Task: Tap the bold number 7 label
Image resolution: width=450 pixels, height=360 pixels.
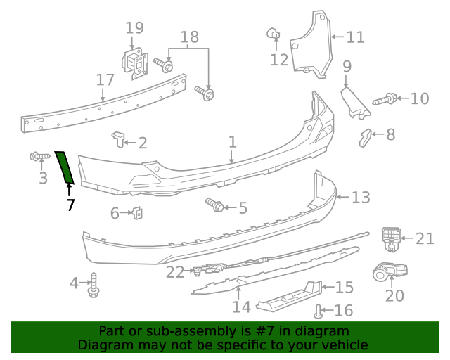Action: pyautogui.click(x=70, y=205)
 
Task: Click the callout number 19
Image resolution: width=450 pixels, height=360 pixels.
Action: pyautogui.click(x=134, y=28)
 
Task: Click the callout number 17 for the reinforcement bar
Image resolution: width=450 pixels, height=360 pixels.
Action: pyautogui.click(x=105, y=79)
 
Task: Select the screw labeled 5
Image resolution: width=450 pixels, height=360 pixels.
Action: pyautogui.click(x=215, y=205)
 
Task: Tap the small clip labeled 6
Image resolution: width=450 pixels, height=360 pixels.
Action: pyautogui.click(x=139, y=212)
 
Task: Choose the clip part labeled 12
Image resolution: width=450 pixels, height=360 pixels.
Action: pyautogui.click(x=274, y=32)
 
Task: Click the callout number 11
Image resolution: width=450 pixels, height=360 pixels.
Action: pyautogui.click(x=356, y=37)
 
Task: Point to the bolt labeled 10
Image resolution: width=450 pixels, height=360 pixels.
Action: pyautogui.click(x=384, y=100)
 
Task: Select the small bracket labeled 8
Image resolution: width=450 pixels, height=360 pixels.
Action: pyautogui.click(x=364, y=137)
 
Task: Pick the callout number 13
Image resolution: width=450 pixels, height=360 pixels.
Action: pyautogui.click(x=361, y=198)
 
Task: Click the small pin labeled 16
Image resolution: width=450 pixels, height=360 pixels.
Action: pyautogui.click(x=319, y=309)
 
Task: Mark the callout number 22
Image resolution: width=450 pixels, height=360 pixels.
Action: pyautogui.click(x=174, y=271)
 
